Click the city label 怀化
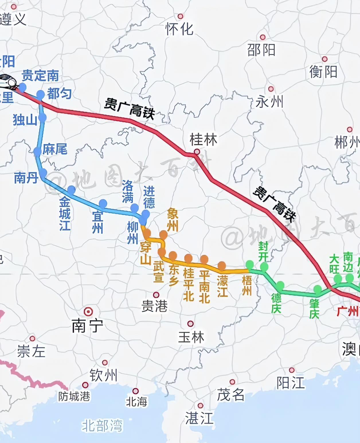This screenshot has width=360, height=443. click(x=179, y=29)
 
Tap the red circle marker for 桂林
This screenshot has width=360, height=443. click(x=197, y=151)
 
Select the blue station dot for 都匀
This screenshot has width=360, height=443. click(x=40, y=94)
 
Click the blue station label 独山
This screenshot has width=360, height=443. click(x=25, y=120)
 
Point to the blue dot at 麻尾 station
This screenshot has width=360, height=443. click(x=37, y=151)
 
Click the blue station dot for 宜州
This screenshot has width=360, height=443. click(x=103, y=203)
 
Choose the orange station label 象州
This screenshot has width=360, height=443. click(x=173, y=220)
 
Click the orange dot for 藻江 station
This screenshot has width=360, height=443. click(x=222, y=265)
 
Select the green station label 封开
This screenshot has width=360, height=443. click(x=263, y=251)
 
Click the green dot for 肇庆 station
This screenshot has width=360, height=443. click(x=318, y=289)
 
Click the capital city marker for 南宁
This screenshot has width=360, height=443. click(x=88, y=312)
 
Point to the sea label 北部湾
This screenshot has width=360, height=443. click(x=102, y=426)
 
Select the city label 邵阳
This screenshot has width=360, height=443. click(x=261, y=50)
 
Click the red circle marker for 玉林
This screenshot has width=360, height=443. click(x=190, y=324)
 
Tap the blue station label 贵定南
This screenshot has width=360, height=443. click(x=40, y=76)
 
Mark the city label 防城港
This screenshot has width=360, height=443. click(x=74, y=397)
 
